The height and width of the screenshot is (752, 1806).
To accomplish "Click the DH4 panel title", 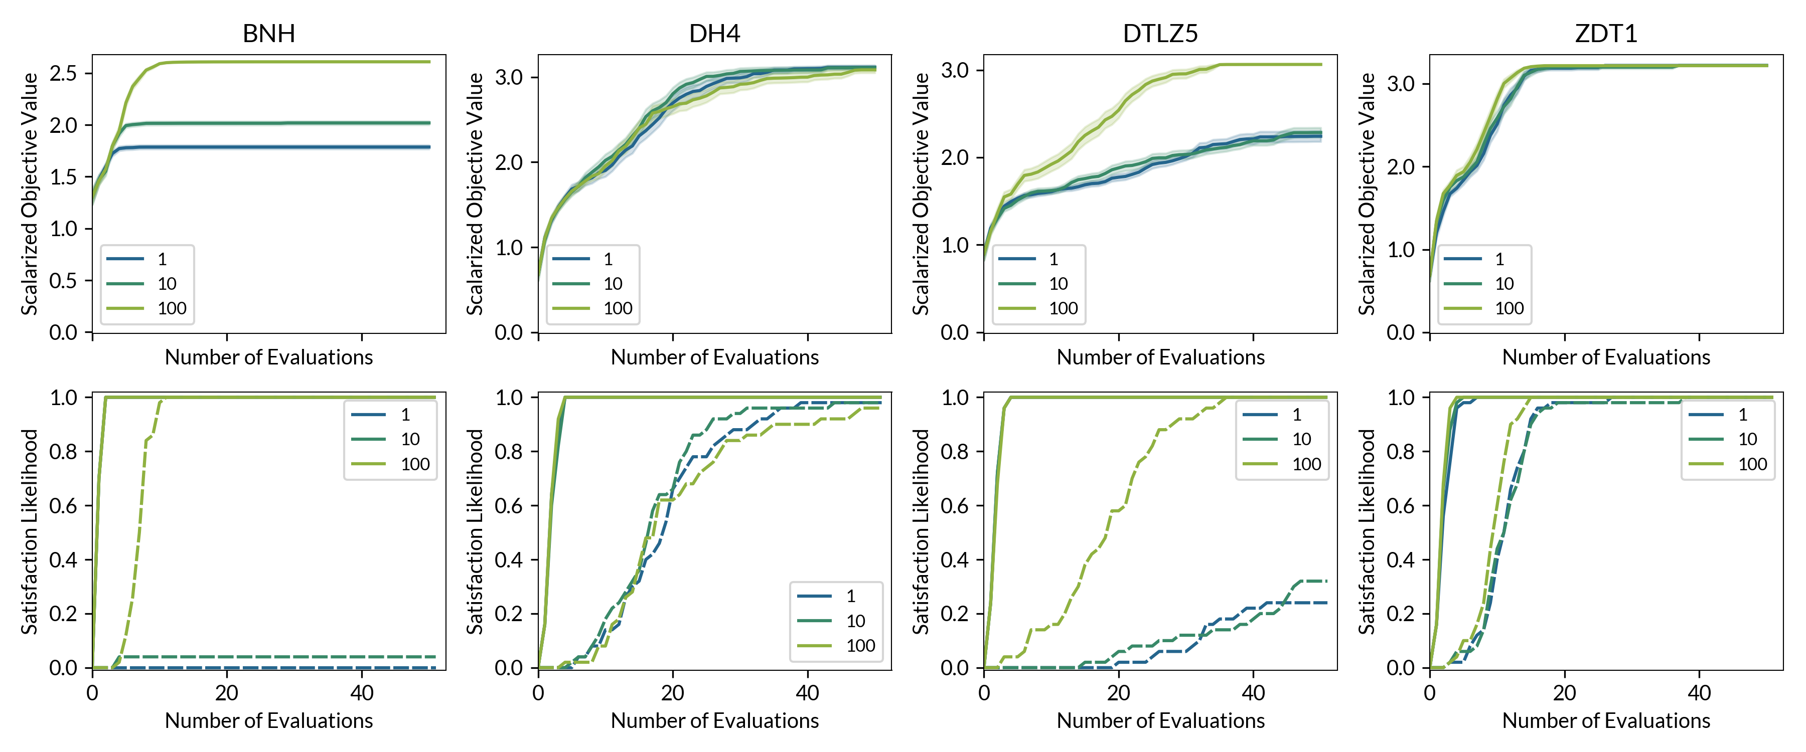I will pyautogui.click(x=714, y=34).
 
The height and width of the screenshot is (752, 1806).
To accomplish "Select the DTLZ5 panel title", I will pyautogui.click(x=1160, y=34).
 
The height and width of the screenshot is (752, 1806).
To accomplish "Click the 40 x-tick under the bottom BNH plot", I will pyautogui.click(x=362, y=693).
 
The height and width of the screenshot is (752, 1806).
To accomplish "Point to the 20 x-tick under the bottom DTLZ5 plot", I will pyautogui.click(x=1118, y=693).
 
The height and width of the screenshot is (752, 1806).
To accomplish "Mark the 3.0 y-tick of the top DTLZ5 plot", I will pyautogui.click(x=954, y=70).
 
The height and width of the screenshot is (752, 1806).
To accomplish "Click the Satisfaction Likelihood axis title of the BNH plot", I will pyautogui.click(x=30, y=531).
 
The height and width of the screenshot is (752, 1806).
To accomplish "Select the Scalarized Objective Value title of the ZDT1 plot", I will pyautogui.click(x=1367, y=194).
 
